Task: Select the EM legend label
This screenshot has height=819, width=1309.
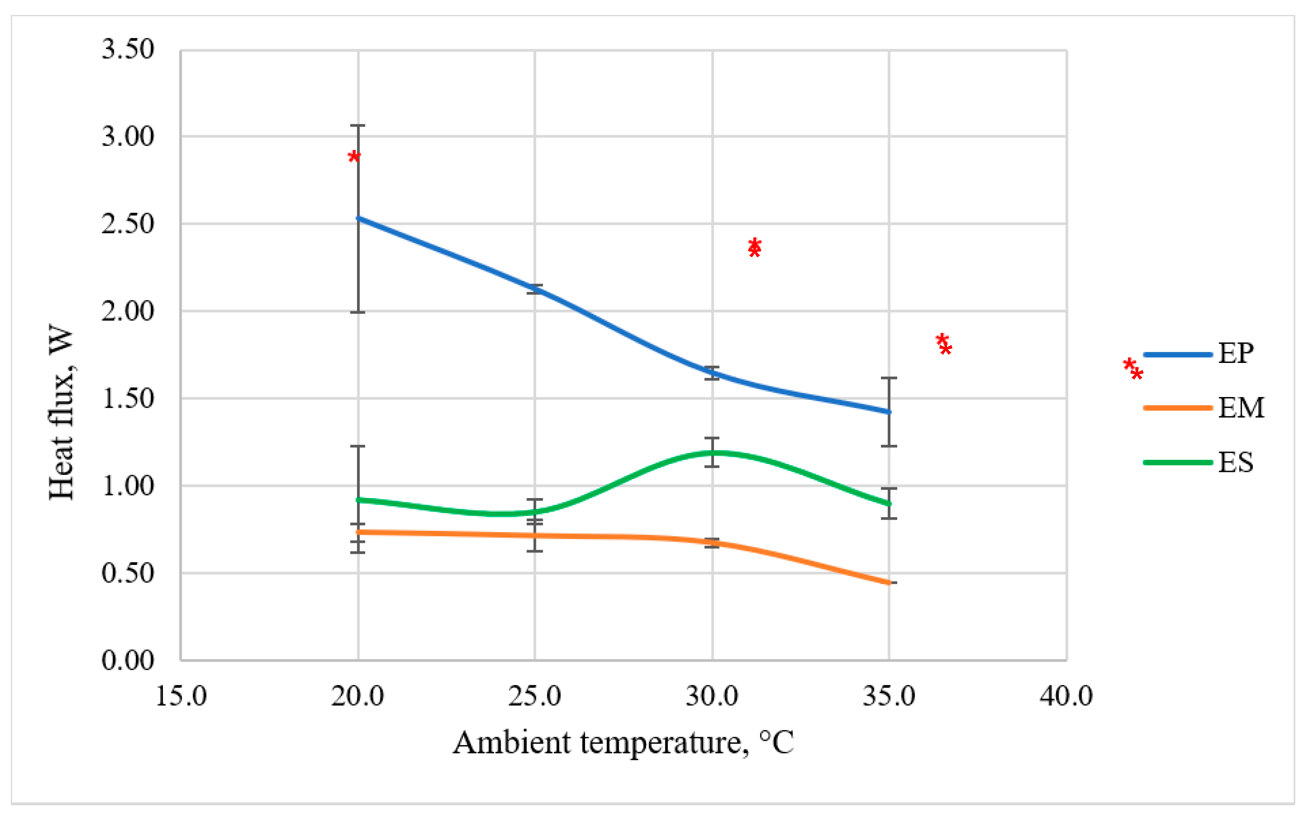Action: pyautogui.click(x=1240, y=408)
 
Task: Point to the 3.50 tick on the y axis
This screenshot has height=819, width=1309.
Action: pyautogui.click(x=128, y=49)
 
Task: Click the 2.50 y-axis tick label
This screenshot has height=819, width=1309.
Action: pyautogui.click(x=128, y=224)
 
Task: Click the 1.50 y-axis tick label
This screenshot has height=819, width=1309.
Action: pyautogui.click(x=128, y=399)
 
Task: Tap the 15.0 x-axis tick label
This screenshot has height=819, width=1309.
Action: pyautogui.click(x=181, y=696)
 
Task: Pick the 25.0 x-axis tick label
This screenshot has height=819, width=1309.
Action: pyautogui.click(x=534, y=696)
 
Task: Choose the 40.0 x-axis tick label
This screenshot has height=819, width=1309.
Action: pyautogui.click(x=1066, y=696)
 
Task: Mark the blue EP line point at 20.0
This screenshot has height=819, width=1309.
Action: pyautogui.click(x=358, y=218)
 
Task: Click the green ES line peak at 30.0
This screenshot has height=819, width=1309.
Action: pyautogui.click(x=712, y=453)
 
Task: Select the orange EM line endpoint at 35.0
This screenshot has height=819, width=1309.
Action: pyautogui.click(x=889, y=583)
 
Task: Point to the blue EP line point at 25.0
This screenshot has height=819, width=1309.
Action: pyautogui.click(x=535, y=289)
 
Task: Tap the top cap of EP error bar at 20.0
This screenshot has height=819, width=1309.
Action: pyautogui.click(x=358, y=126)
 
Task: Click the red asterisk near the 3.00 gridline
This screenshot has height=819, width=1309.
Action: pyautogui.click(x=354, y=157)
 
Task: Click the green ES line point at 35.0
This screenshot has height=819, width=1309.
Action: pyautogui.click(x=889, y=504)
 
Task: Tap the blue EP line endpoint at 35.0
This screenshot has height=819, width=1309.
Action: pyautogui.click(x=889, y=412)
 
